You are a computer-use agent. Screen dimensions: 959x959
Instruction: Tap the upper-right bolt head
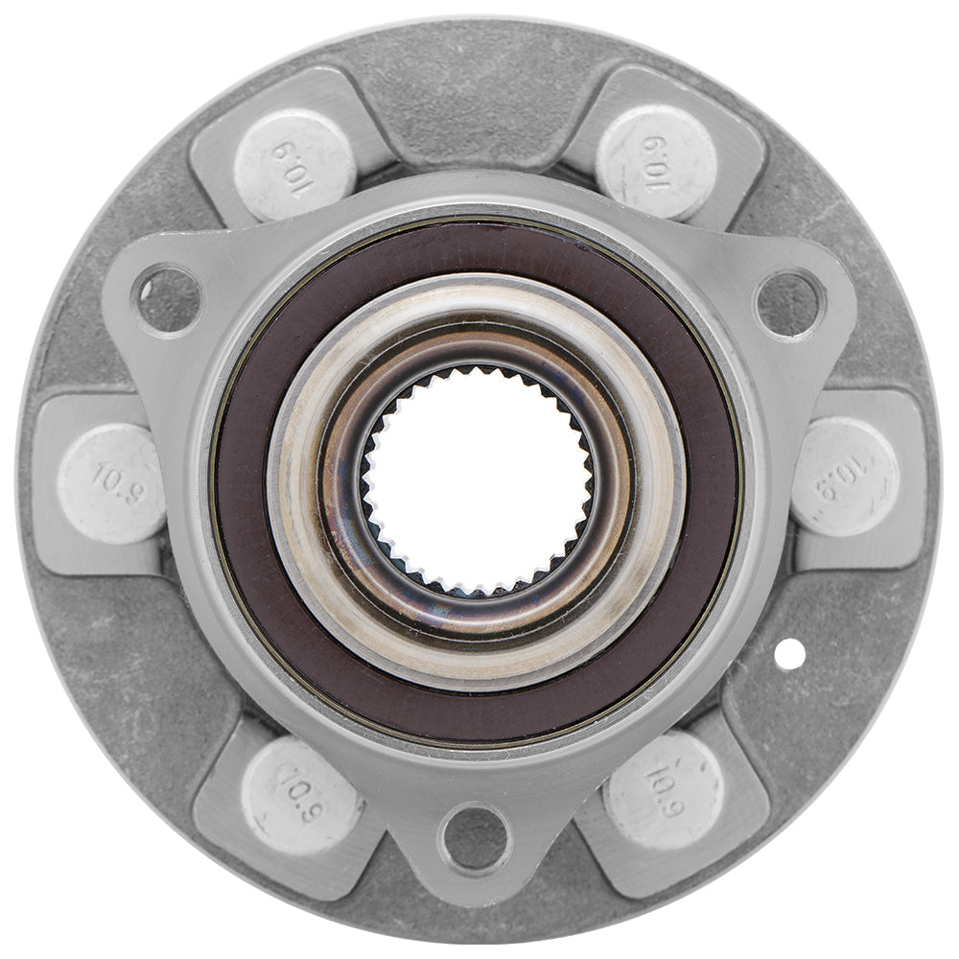656,161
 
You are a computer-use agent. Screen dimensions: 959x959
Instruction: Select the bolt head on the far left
111,483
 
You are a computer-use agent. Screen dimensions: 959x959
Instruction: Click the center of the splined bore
477,478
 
